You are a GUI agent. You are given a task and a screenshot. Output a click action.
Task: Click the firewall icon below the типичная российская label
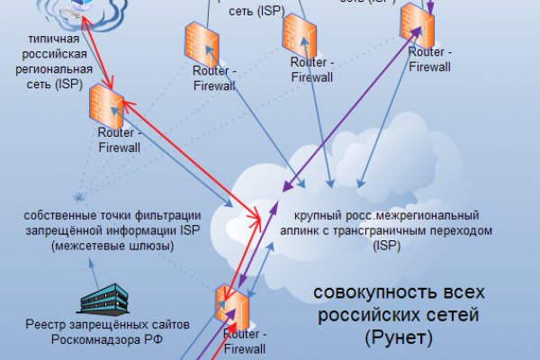106,106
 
